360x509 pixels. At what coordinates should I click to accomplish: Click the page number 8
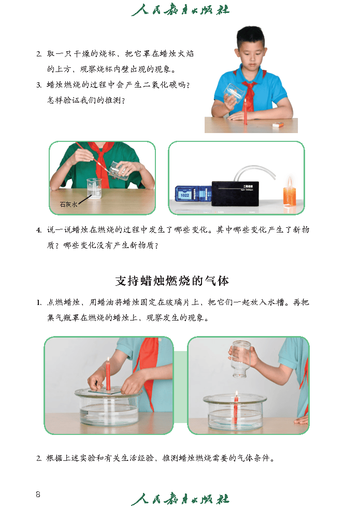[38, 493]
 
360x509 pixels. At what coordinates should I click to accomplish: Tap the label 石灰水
[68, 205]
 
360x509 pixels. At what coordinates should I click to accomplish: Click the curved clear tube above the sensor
[254, 170]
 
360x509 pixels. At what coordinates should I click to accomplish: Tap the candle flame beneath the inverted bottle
[236, 394]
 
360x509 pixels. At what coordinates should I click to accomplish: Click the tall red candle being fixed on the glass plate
[108, 374]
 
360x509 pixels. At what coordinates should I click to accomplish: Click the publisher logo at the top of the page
[180, 10]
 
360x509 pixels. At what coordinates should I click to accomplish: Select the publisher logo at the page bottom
[180, 499]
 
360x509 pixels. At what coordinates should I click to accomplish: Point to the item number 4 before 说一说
[38, 230]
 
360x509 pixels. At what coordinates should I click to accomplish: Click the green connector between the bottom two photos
[180, 386]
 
